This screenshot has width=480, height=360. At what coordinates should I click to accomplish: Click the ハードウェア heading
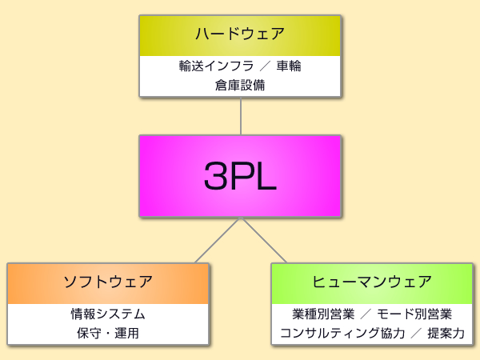point(240,34)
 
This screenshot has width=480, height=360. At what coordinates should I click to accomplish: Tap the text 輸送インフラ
point(207,66)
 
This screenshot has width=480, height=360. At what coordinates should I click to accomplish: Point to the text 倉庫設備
point(240,84)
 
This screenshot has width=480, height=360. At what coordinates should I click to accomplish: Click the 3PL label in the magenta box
point(240,176)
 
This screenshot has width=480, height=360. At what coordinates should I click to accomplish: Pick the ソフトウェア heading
point(108,282)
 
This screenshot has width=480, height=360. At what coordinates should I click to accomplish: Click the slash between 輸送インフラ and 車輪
point(255,66)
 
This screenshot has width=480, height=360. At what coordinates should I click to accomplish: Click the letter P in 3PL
point(241,176)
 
